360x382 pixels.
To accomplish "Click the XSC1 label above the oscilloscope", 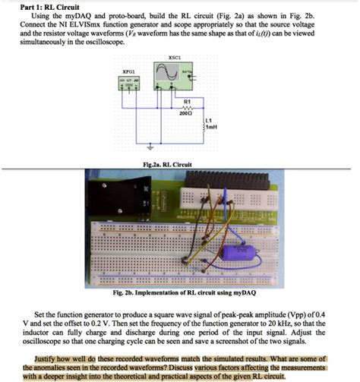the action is (175, 58).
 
